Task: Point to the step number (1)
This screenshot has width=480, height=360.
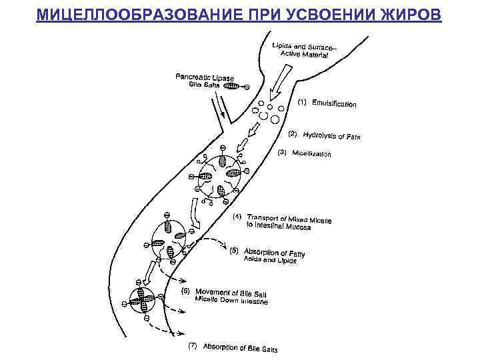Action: pyautogui.click(x=301, y=102)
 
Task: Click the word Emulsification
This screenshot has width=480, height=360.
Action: pyautogui.click(x=334, y=103)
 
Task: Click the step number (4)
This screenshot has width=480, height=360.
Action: pyautogui.click(x=237, y=217)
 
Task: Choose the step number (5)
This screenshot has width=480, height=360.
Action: pyautogui.click(x=234, y=251)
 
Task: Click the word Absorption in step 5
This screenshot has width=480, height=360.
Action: pyautogui.click(x=261, y=251)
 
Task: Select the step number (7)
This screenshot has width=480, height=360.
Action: pyautogui.click(x=193, y=345)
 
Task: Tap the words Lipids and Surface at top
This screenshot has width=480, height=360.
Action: pyautogui.click(x=295, y=46)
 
